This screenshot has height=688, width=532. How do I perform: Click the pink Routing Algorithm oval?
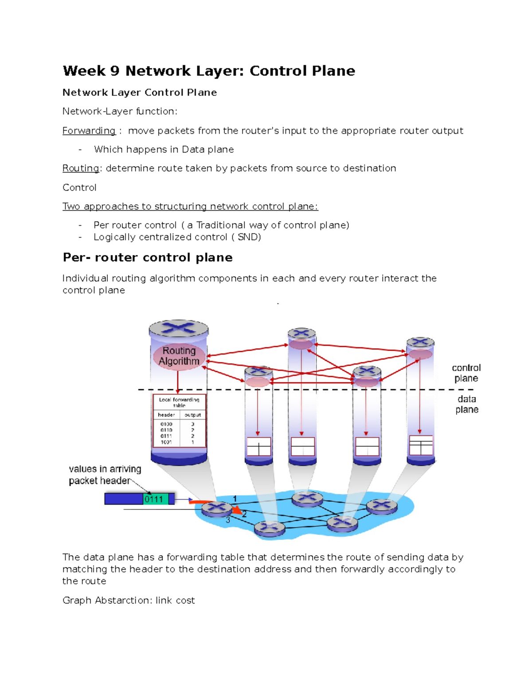179,356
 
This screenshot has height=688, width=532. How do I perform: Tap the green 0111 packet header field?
153,499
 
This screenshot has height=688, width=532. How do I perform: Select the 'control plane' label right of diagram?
466,373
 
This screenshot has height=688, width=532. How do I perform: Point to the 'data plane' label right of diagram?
467,404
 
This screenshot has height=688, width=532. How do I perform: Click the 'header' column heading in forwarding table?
166,415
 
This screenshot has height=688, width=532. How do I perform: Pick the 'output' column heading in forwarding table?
192,415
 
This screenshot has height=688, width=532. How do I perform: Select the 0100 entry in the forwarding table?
166,424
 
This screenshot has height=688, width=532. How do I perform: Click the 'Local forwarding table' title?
179,402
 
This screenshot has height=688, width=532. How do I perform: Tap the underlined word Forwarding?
89,131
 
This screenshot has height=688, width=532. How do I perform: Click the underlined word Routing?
81,168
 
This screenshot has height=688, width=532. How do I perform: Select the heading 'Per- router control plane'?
148,257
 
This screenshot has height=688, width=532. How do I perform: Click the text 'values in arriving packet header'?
105,474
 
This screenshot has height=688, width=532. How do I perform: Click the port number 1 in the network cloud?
235,498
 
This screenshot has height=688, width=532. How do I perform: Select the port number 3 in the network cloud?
228,520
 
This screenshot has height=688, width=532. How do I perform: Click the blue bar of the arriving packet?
124,499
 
